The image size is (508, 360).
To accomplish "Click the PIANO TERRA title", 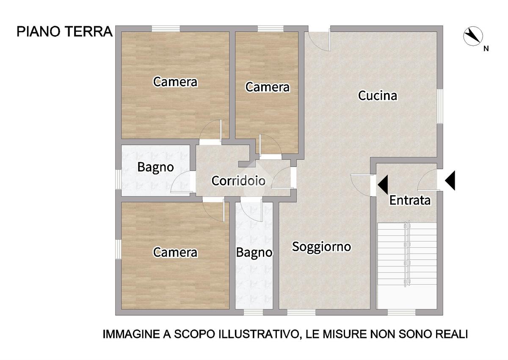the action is pyautogui.click(x=65, y=31).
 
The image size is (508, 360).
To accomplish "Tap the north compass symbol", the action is pyautogui.click(x=473, y=36).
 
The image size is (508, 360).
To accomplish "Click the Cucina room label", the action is pyautogui.click(x=378, y=95).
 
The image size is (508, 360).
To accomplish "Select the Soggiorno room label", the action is pyautogui.click(x=321, y=247).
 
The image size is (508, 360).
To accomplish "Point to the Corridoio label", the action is pyautogui.click(x=238, y=181).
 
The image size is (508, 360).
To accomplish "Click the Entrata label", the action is pyautogui.click(x=410, y=200).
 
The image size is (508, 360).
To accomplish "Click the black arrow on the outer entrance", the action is pyautogui.click(x=450, y=180).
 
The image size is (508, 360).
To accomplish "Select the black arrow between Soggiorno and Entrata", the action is pyautogui.click(x=383, y=185).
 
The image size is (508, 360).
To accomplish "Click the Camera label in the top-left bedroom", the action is pyautogui.click(x=175, y=82).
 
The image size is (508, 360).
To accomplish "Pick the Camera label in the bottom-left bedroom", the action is pyautogui.click(x=175, y=252).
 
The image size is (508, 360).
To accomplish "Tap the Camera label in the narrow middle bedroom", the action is pyautogui.click(x=268, y=87).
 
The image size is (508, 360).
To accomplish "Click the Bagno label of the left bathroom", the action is pyautogui.click(x=156, y=167).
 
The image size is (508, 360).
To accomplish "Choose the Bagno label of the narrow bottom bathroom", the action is pyautogui.click(x=254, y=252).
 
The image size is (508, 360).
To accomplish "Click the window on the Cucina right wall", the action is pyautogui.click(x=440, y=106).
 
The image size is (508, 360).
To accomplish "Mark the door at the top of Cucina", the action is pyautogui.click(x=319, y=40).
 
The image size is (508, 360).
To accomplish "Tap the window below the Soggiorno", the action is pyautogui.click(x=301, y=313).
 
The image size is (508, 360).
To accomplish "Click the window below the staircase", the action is pyautogui.click(x=401, y=313).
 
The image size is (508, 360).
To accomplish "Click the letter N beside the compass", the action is pyautogui.click(x=486, y=49).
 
